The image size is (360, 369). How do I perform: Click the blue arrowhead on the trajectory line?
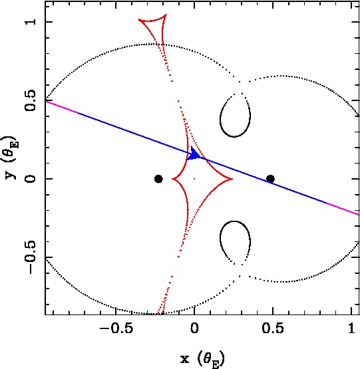[x=194, y=154]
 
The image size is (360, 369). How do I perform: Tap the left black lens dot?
[x=158, y=179]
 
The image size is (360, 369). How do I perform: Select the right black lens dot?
[x=270, y=179]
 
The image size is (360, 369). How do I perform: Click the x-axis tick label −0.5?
[x=116, y=328]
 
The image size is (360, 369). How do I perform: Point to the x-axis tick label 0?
[x=194, y=328]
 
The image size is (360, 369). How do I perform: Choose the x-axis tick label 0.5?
[x=273, y=328]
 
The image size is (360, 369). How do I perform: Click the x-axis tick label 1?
[x=351, y=328]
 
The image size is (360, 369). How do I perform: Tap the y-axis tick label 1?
[x=31, y=22]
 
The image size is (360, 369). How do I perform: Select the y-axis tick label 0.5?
[x=31, y=100]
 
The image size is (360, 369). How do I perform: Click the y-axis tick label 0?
[x=31, y=179]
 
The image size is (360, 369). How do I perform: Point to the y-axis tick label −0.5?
[x=31, y=257]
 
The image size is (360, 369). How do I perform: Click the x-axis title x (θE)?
[x=202, y=359]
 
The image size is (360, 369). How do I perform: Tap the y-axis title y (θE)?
[x=11, y=158]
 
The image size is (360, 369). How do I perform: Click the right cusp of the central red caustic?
[x=232, y=179]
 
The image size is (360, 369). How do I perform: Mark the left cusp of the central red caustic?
[x=172, y=179]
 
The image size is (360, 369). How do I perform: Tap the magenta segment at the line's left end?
[x=62, y=107]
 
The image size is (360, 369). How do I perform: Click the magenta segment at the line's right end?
[x=343, y=209]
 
